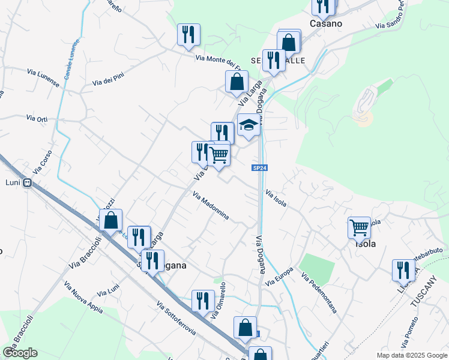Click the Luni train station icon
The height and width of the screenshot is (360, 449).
(x=27, y=184)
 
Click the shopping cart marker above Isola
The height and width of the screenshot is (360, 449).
(x=359, y=228)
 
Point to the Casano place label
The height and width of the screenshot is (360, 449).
(x=325, y=24)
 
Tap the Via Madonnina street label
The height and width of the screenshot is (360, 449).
(x=211, y=206)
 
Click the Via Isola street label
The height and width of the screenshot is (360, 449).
(x=276, y=199)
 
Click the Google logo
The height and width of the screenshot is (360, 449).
(x=20, y=353)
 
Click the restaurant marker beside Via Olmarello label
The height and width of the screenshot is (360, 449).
(x=203, y=301)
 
